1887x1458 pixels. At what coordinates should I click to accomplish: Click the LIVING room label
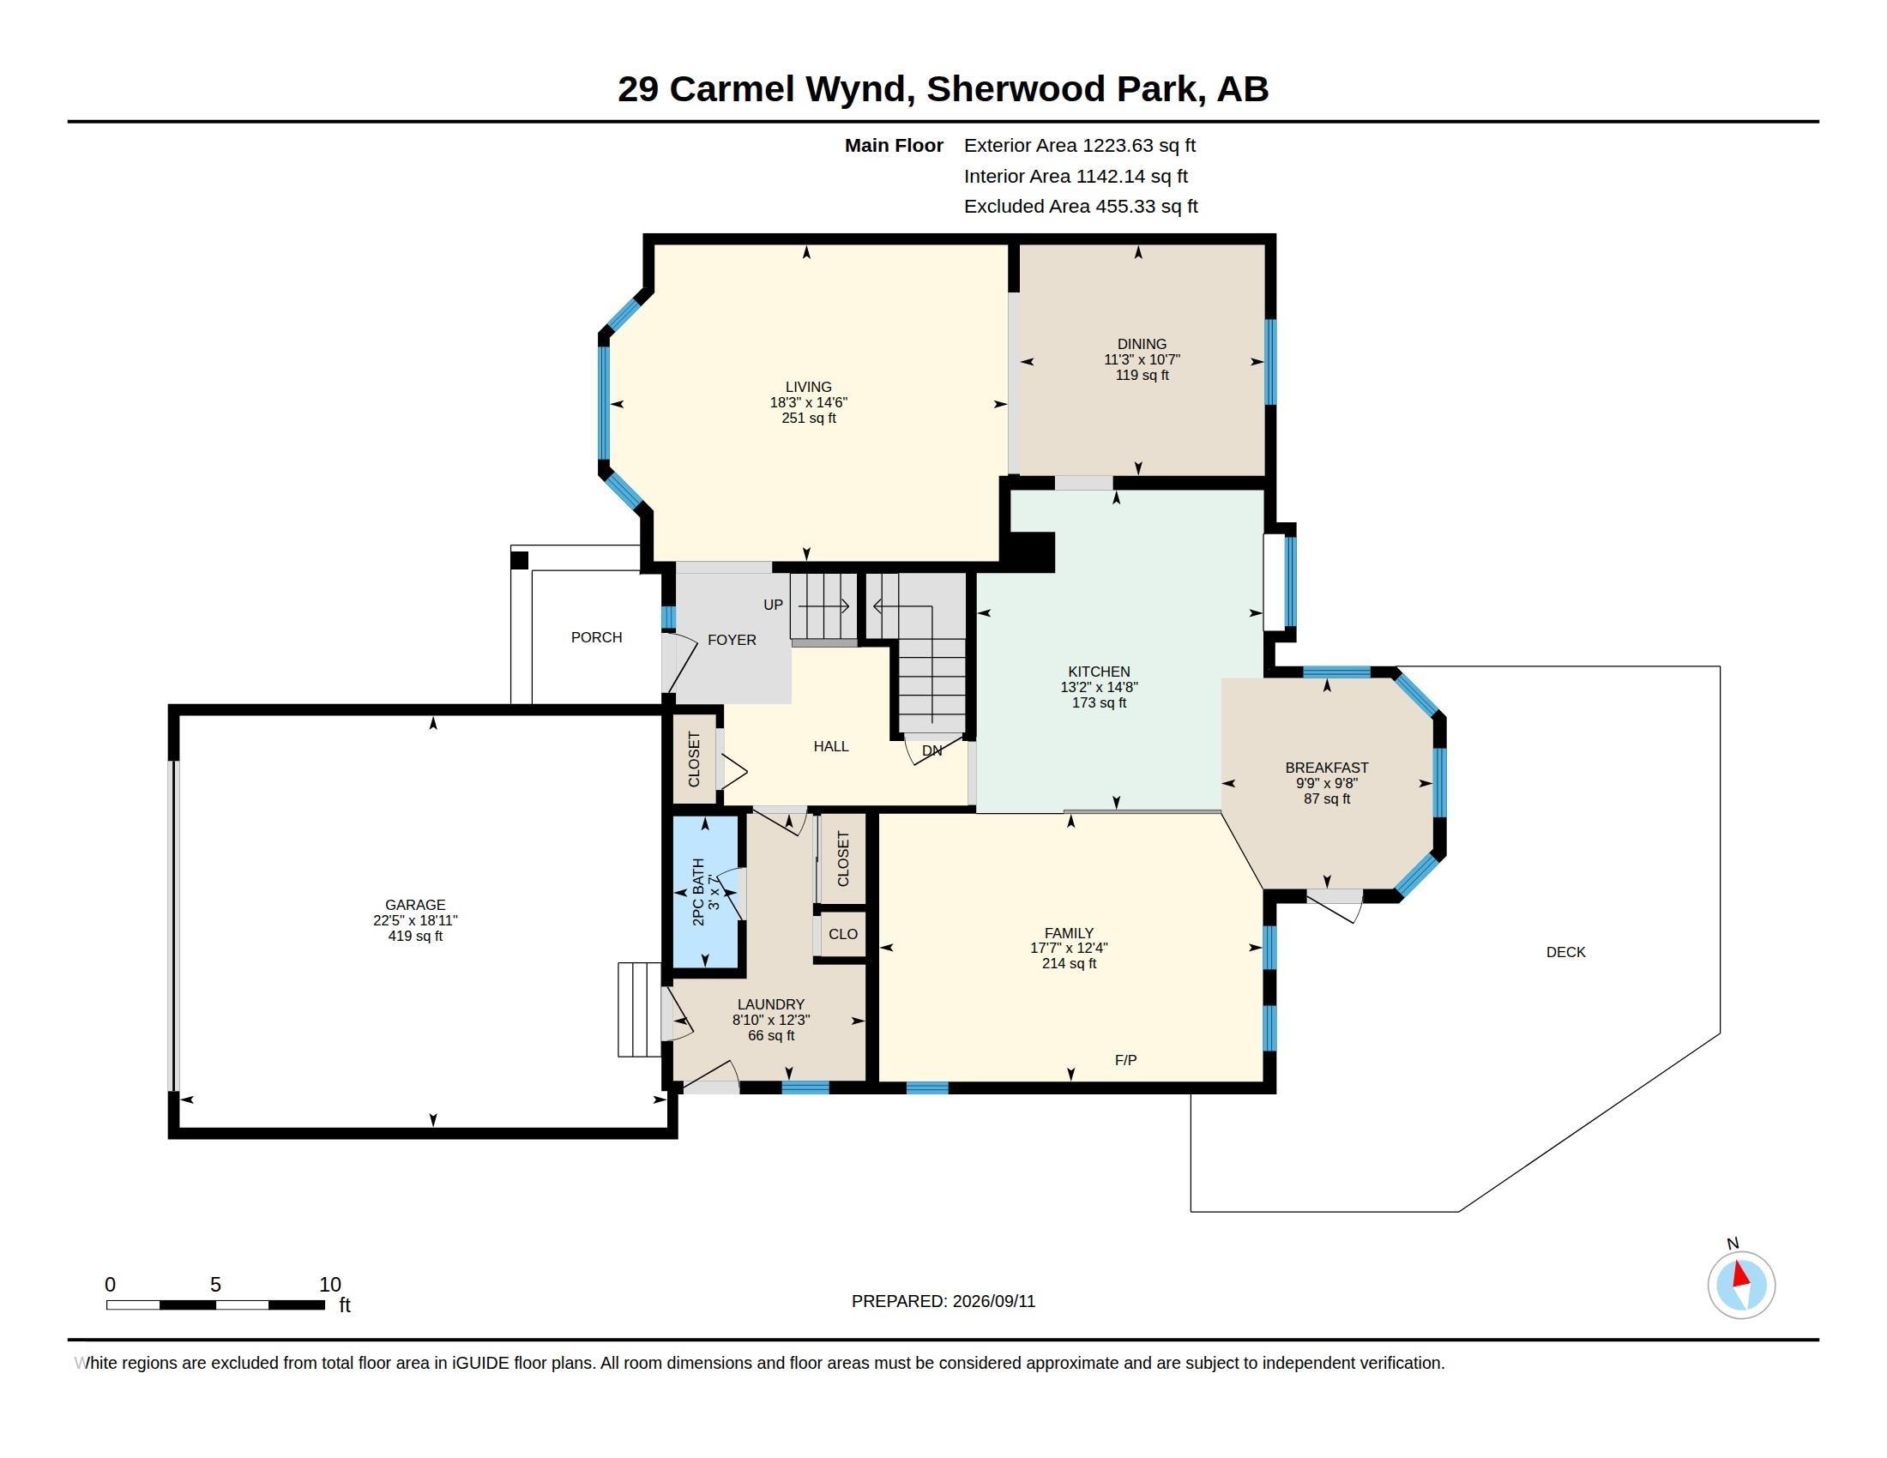808,387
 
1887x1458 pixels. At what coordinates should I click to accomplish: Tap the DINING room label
1142,344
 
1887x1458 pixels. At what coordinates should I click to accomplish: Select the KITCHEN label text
1099,672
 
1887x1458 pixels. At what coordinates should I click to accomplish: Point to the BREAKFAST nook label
1326,767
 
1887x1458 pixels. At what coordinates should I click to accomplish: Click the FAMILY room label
1069,933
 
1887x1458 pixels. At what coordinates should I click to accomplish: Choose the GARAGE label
415,905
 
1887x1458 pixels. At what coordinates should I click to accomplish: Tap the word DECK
1565,952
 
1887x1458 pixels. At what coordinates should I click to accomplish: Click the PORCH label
596,637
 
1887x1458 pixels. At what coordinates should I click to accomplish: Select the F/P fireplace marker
1125,1060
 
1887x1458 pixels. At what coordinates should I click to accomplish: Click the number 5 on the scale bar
215,1285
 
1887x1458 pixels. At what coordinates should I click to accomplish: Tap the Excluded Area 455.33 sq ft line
1081,207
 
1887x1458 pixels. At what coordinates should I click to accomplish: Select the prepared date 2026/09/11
993,1301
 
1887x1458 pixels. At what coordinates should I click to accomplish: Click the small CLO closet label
842,934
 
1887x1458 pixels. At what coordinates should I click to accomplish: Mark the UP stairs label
773,605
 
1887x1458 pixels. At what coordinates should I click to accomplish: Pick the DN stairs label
931,750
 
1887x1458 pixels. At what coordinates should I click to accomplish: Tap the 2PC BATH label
698,892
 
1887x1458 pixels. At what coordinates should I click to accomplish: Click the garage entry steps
639,1009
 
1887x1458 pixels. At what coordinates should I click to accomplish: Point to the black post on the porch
519,560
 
